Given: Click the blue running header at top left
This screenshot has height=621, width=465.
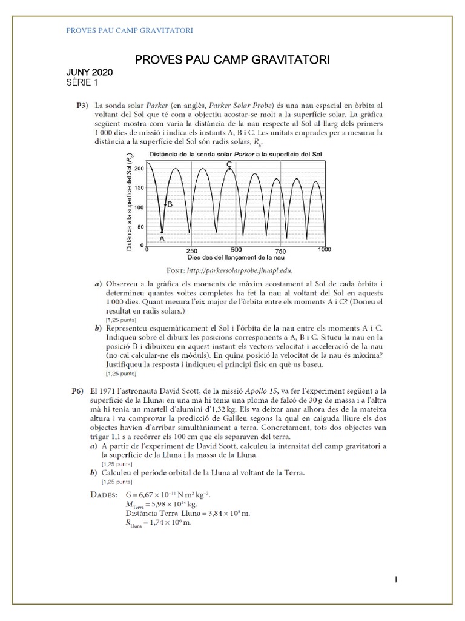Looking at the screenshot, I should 129,30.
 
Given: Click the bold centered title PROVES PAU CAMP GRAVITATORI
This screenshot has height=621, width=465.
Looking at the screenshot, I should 231,60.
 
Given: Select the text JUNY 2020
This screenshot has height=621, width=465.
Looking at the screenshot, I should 89,73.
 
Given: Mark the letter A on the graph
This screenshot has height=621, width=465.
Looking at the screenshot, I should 162,240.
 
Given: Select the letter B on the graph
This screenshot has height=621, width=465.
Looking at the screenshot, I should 170,204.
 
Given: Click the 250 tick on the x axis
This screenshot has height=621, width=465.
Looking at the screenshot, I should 192,251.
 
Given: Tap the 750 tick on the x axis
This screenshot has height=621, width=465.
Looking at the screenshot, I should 280,251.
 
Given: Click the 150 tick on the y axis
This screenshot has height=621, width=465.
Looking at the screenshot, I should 141,187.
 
